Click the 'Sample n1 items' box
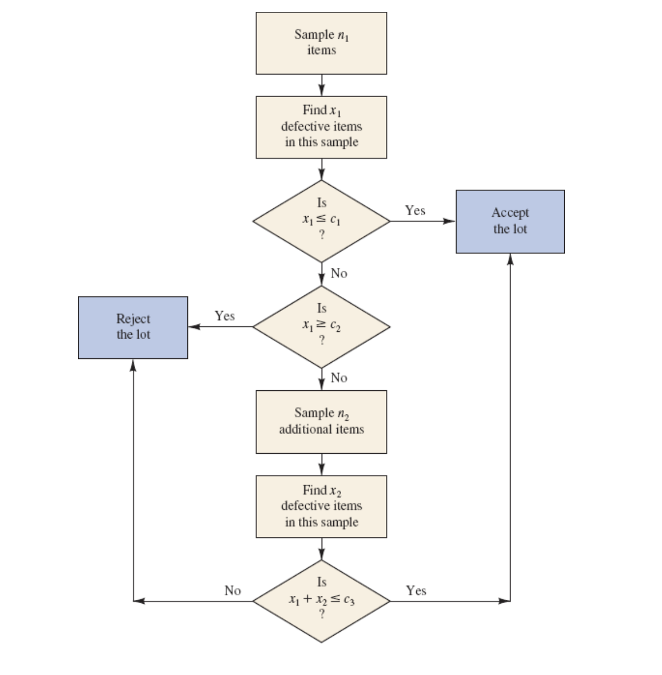(321, 43)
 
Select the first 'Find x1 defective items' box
(321, 127)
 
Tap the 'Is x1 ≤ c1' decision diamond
(321, 221)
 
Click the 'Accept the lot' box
(510, 221)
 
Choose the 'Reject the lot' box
(133, 327)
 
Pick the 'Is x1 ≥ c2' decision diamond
(321, 326)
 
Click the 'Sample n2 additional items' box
(321, 421)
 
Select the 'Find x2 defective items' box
(321, 506)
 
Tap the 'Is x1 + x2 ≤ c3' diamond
(321, 600)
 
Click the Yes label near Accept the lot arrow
(415, 211)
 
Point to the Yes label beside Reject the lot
(224, 316)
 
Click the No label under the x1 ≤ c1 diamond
(339, 273)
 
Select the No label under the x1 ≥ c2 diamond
(339, 378)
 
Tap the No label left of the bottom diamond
(232, 591)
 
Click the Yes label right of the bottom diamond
(416, 591)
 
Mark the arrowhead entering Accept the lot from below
(510, 258)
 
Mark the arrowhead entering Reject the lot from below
(133, 364)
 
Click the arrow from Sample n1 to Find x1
(321, 85)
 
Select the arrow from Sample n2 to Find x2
(321, 464)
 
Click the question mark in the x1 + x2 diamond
(321, 614)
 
